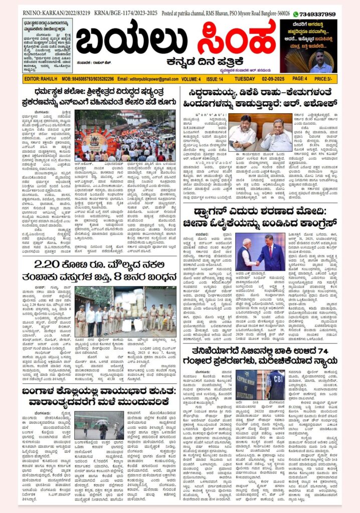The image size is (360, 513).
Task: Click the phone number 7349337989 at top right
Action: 318,14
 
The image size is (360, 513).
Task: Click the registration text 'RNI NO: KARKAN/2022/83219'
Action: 47,14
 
